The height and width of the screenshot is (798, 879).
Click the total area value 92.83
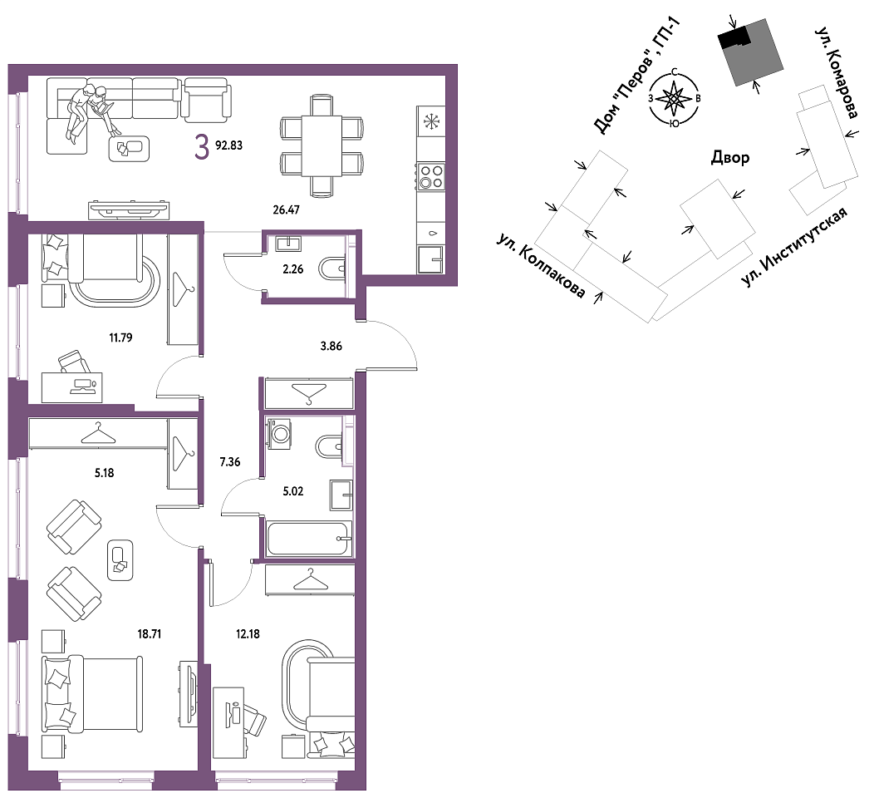click(x=228, y=145)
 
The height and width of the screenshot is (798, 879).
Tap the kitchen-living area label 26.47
click(x=286, y=210)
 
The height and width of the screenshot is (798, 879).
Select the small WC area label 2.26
click(x=292, y=269)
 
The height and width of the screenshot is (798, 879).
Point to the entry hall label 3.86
click(x=331, y=346)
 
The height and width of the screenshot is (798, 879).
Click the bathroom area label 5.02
click(x=292, y=491)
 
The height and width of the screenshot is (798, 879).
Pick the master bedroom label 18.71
click(x=149, y=634)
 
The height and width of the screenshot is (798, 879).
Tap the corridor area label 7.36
click(x=230, y=462)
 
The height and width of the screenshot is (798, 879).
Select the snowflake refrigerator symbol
click(x=431, y=121)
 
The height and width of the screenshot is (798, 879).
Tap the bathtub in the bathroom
click(x=309, y=539)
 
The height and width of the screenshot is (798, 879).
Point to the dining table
click(x=321, y=145)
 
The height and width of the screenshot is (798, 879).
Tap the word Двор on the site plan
click(x=730, y=158)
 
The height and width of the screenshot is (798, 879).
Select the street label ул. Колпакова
click(x=540, y=266)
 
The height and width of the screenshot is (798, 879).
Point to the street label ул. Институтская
click(x=793, y=247)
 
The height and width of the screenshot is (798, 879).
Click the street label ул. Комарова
click(x=836, y=73)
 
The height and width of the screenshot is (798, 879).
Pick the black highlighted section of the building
click(x=734, y=38)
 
